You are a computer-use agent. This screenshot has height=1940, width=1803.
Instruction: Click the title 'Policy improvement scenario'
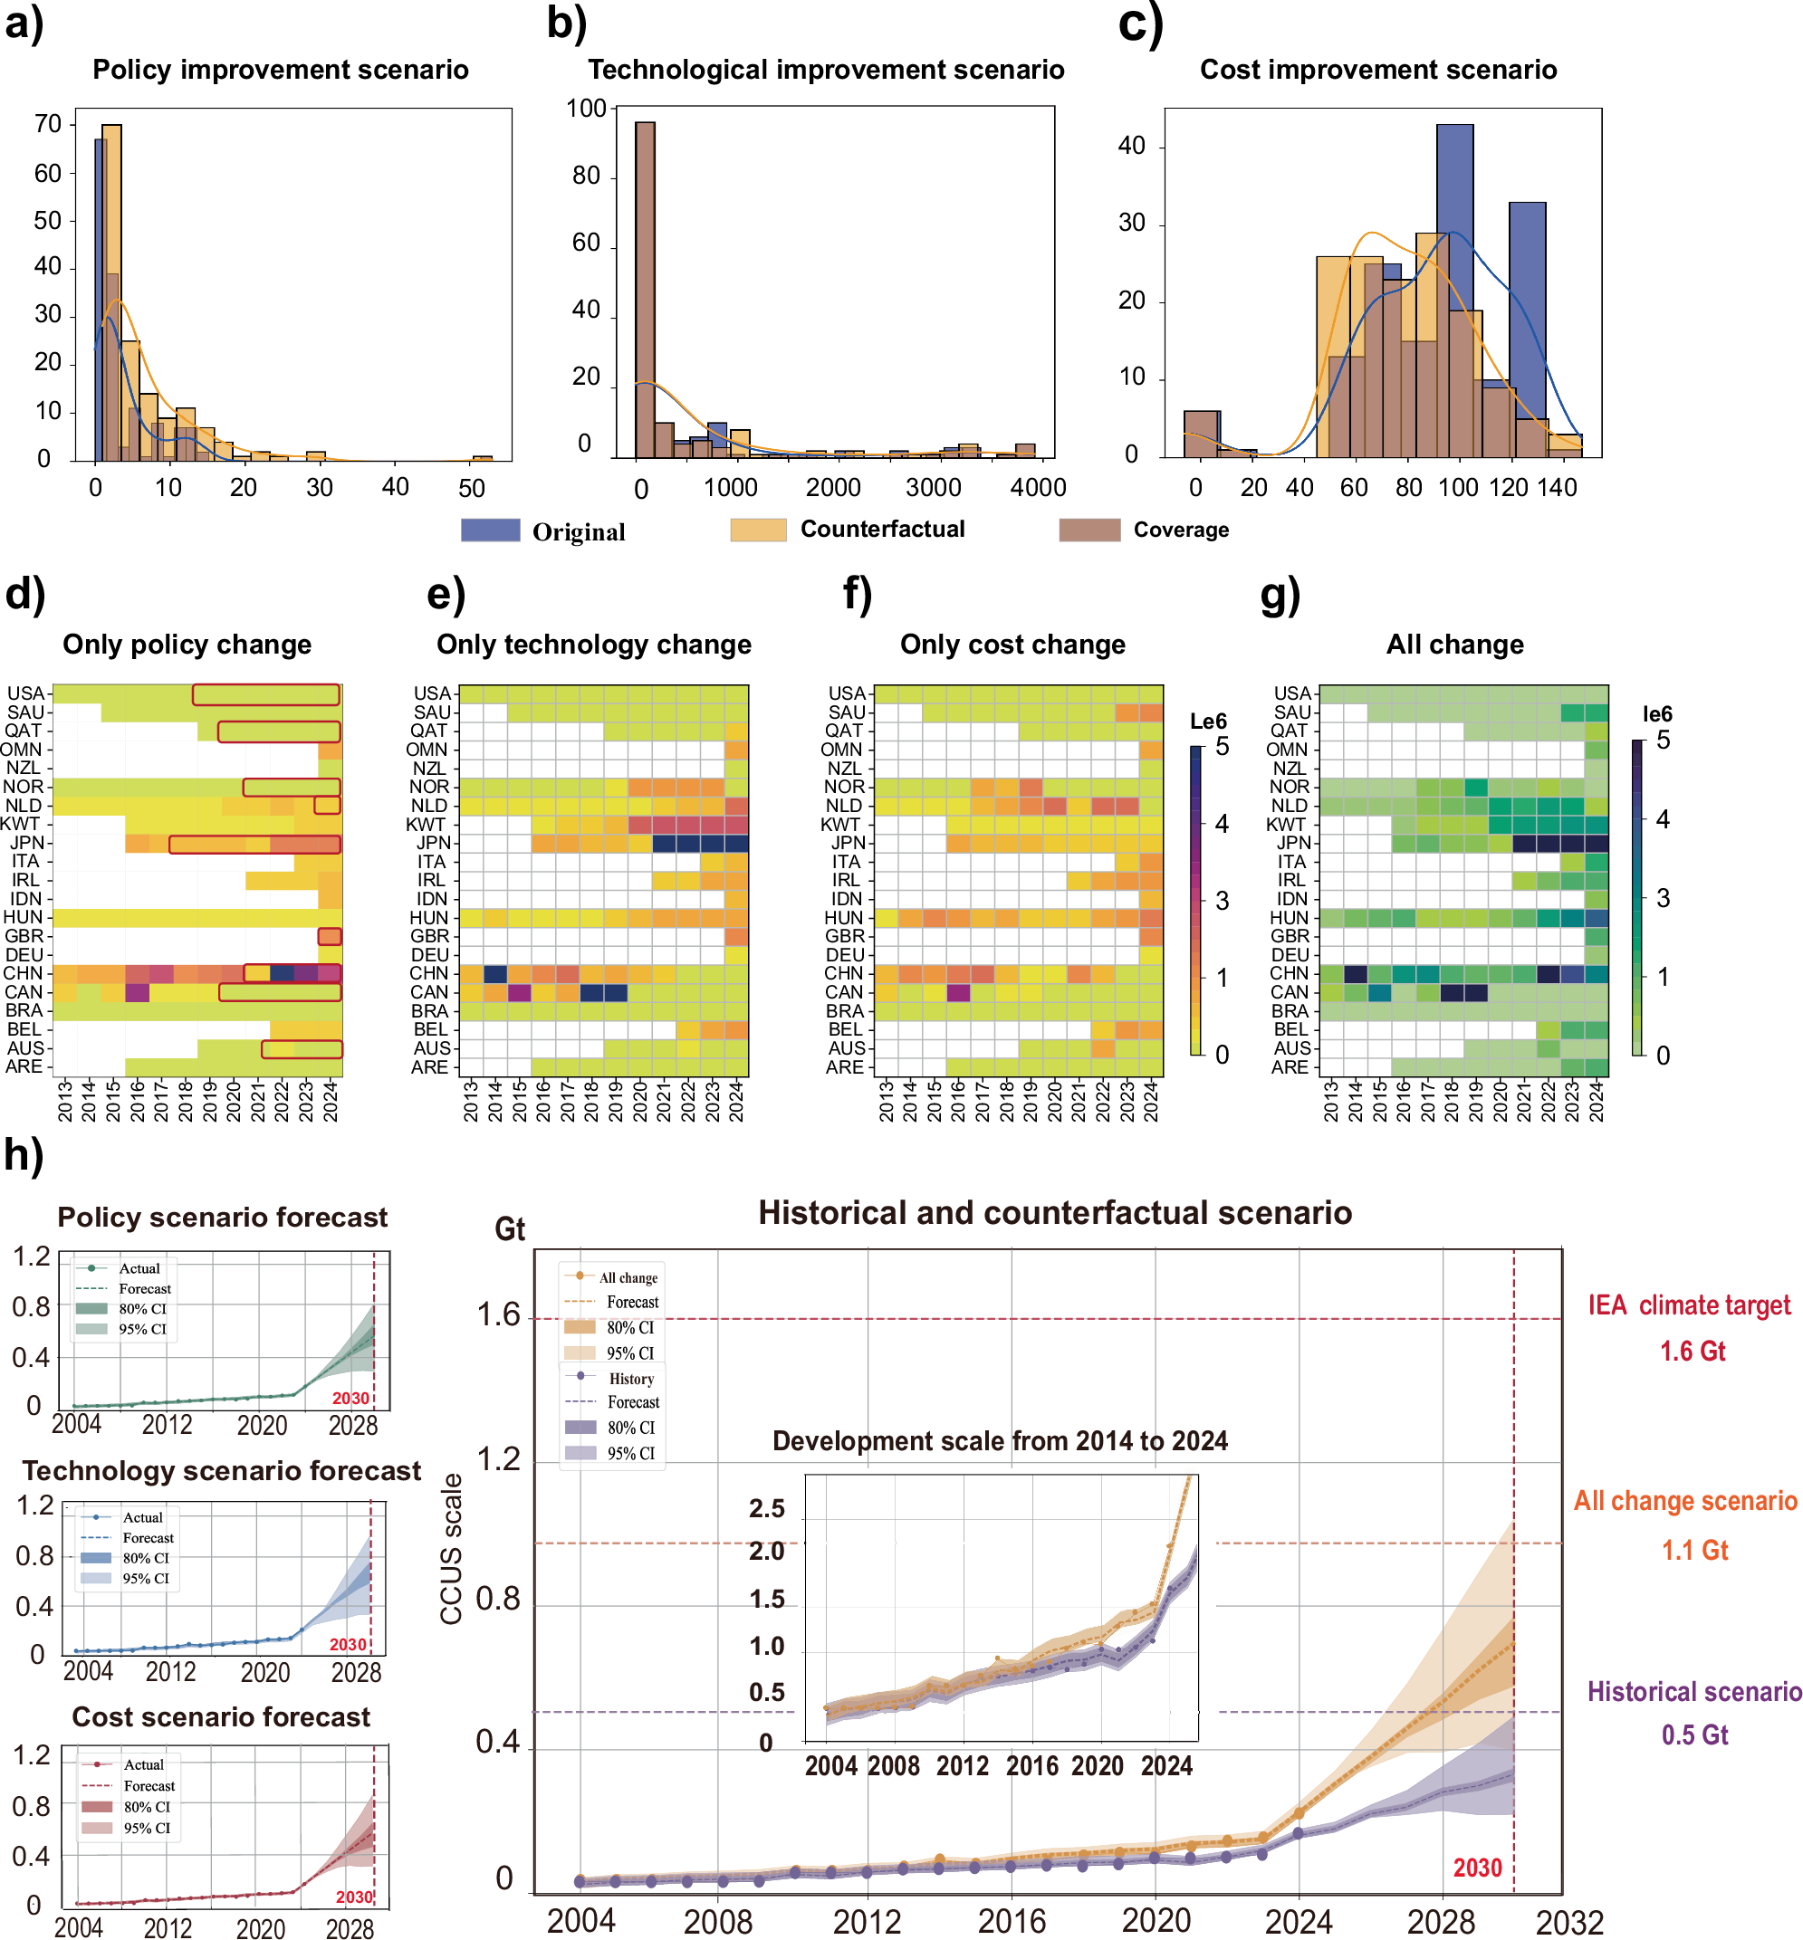280,71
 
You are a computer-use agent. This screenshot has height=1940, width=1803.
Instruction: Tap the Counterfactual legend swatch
757,530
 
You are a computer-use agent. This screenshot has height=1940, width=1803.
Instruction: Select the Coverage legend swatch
1089,530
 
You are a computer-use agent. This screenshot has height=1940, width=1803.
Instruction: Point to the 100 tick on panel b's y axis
587,109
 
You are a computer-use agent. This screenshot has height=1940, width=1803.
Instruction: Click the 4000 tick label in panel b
1037,488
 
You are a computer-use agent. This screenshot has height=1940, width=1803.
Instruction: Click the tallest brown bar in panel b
644,290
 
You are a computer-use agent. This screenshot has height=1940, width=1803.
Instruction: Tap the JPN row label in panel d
26,843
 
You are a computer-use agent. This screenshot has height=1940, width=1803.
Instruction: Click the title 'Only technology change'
593,645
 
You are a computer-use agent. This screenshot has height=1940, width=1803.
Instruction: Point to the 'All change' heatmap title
1453,645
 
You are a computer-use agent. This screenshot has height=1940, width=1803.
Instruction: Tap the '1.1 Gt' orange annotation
1693,1550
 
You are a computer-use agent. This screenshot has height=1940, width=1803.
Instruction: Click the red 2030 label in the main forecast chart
1477,1868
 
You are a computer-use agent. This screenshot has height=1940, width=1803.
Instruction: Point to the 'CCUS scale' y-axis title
451,1549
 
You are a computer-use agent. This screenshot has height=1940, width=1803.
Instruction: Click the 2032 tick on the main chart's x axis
1568,1923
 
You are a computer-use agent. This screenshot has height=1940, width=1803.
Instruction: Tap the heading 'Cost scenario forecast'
222,1716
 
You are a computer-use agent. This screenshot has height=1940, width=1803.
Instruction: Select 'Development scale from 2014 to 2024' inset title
999,1440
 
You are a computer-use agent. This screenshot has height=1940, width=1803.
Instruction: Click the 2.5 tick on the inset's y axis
767,1509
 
